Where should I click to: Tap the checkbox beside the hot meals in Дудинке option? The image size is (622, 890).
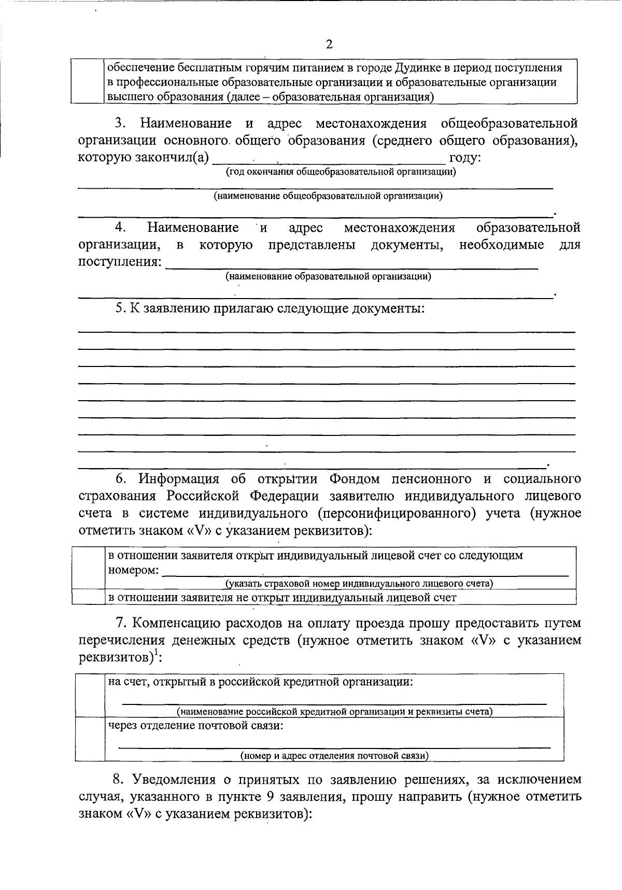[x=87, y=81]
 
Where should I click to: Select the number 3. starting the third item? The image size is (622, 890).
[x=121, y=123]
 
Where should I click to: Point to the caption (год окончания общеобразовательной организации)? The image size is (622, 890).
[x=341, y=172]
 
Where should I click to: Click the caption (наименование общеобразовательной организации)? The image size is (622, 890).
[x=328, y=196]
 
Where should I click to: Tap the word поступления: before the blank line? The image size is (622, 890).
[x=120, y=262]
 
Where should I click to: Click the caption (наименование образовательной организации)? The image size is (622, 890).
[x=328, y=276]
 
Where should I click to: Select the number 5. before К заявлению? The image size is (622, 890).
[x=121, y=308]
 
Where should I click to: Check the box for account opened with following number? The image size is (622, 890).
[x=88, y=568]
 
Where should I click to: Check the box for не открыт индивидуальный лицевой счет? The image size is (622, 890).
[x=88, y=597]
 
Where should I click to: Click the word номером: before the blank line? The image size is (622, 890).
[x=133, y=570]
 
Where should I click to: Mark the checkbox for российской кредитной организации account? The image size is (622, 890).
[x=90, y=695]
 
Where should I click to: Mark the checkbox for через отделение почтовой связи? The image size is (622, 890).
[x=90, y=738]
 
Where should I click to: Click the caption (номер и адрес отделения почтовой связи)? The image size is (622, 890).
[x=334, y=755]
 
